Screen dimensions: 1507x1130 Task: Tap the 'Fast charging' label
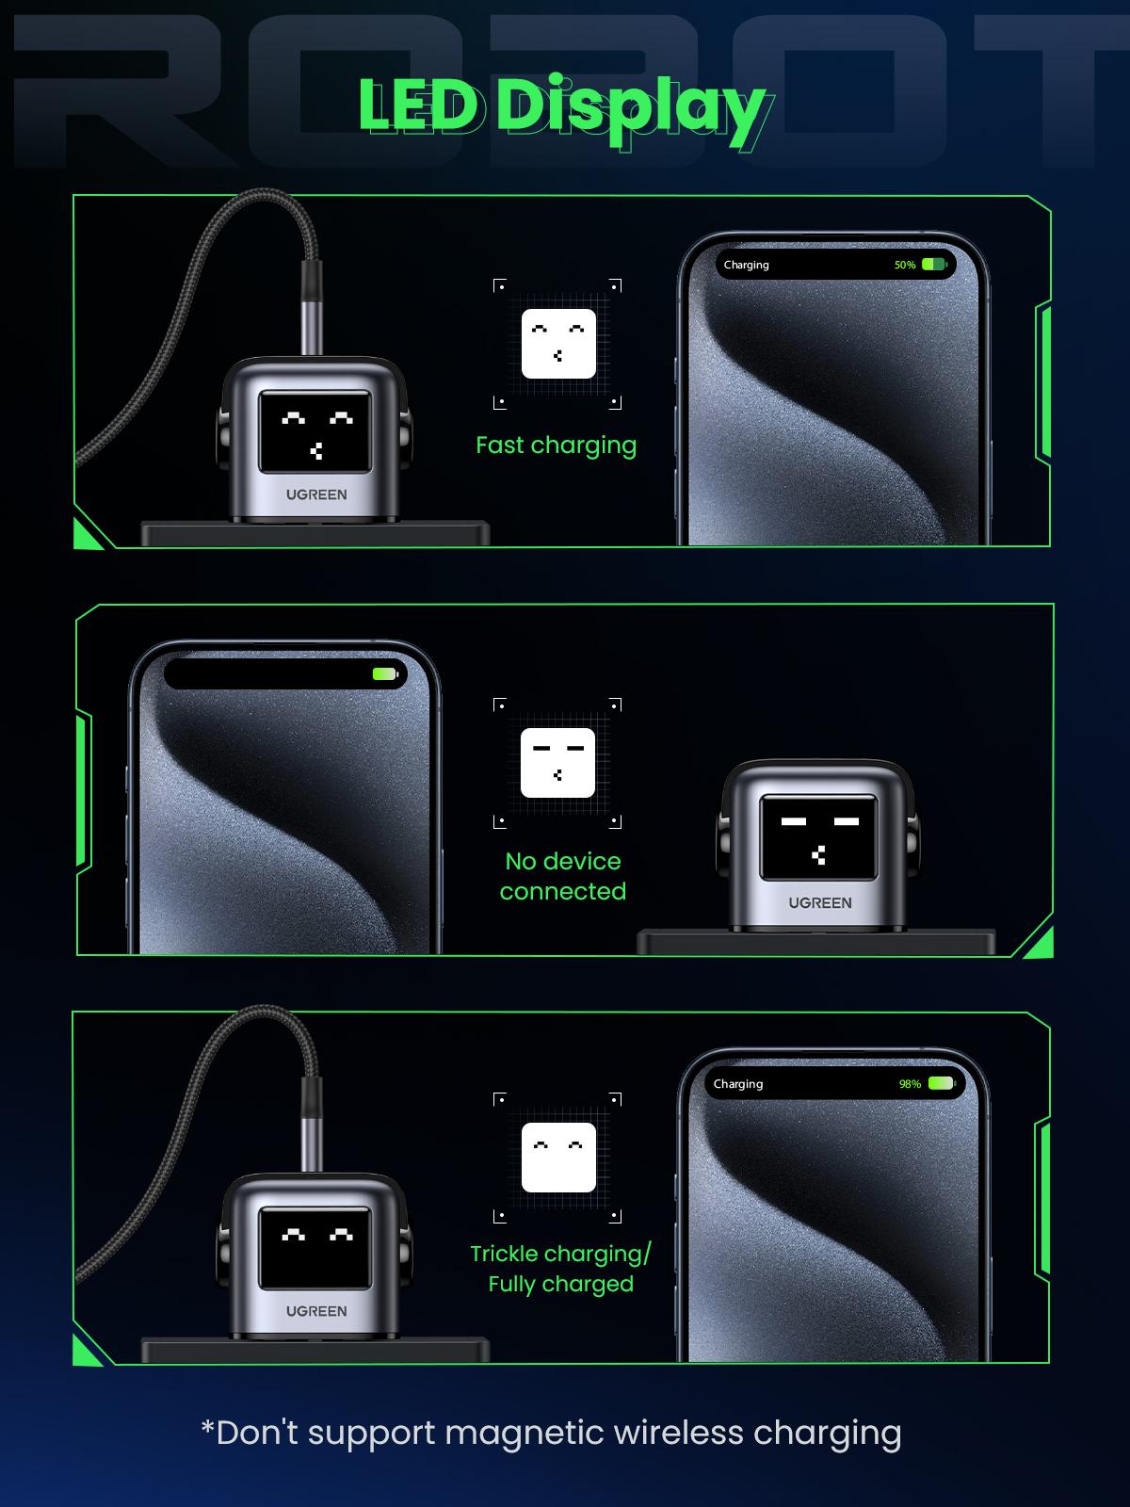pos(556,445)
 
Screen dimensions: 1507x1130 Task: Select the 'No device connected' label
pos(562,876)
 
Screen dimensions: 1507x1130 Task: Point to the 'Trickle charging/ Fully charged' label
pos(560,1268)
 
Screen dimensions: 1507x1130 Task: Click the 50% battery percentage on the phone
pos(905,265)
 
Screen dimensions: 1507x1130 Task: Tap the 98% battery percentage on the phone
pos(910,1084)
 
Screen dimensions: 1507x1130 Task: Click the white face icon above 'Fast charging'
pos(558,344)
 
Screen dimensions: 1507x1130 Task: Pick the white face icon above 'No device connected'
pos(557,763)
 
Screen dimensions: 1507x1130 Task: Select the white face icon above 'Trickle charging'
pos(558,1157)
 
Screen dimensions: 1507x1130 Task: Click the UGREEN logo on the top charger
pos(316,494)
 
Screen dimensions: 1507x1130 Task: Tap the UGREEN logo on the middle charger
pos(820,902)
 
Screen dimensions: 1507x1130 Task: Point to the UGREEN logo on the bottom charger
pos(316,1311)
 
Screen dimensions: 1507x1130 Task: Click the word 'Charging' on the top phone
pos(746,265)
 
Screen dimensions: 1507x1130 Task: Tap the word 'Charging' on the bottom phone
pos(738,1084)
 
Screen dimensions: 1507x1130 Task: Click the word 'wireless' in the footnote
pos(678,1433)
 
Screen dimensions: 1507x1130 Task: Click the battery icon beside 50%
pos(933,265)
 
